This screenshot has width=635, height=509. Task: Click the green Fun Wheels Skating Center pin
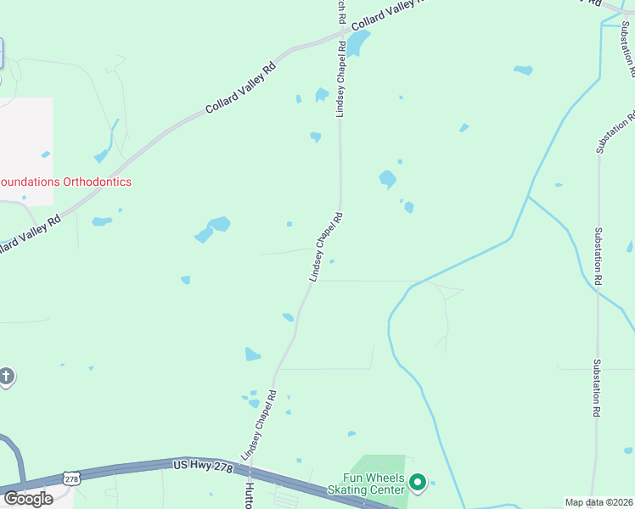(x=417, y=483)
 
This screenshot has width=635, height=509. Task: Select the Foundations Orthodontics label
(x=65, y=182)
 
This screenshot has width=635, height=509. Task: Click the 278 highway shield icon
(x=72, y=480)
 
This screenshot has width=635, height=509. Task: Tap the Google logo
(x=28, y=498)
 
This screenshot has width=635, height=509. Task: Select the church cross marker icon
(x=7, y=376)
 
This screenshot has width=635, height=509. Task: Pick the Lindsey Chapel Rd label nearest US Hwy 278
(x=260, y=424)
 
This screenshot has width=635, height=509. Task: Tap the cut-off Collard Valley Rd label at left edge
(x=31, y=234)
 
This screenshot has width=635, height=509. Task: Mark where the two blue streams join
(x=528, y=197)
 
